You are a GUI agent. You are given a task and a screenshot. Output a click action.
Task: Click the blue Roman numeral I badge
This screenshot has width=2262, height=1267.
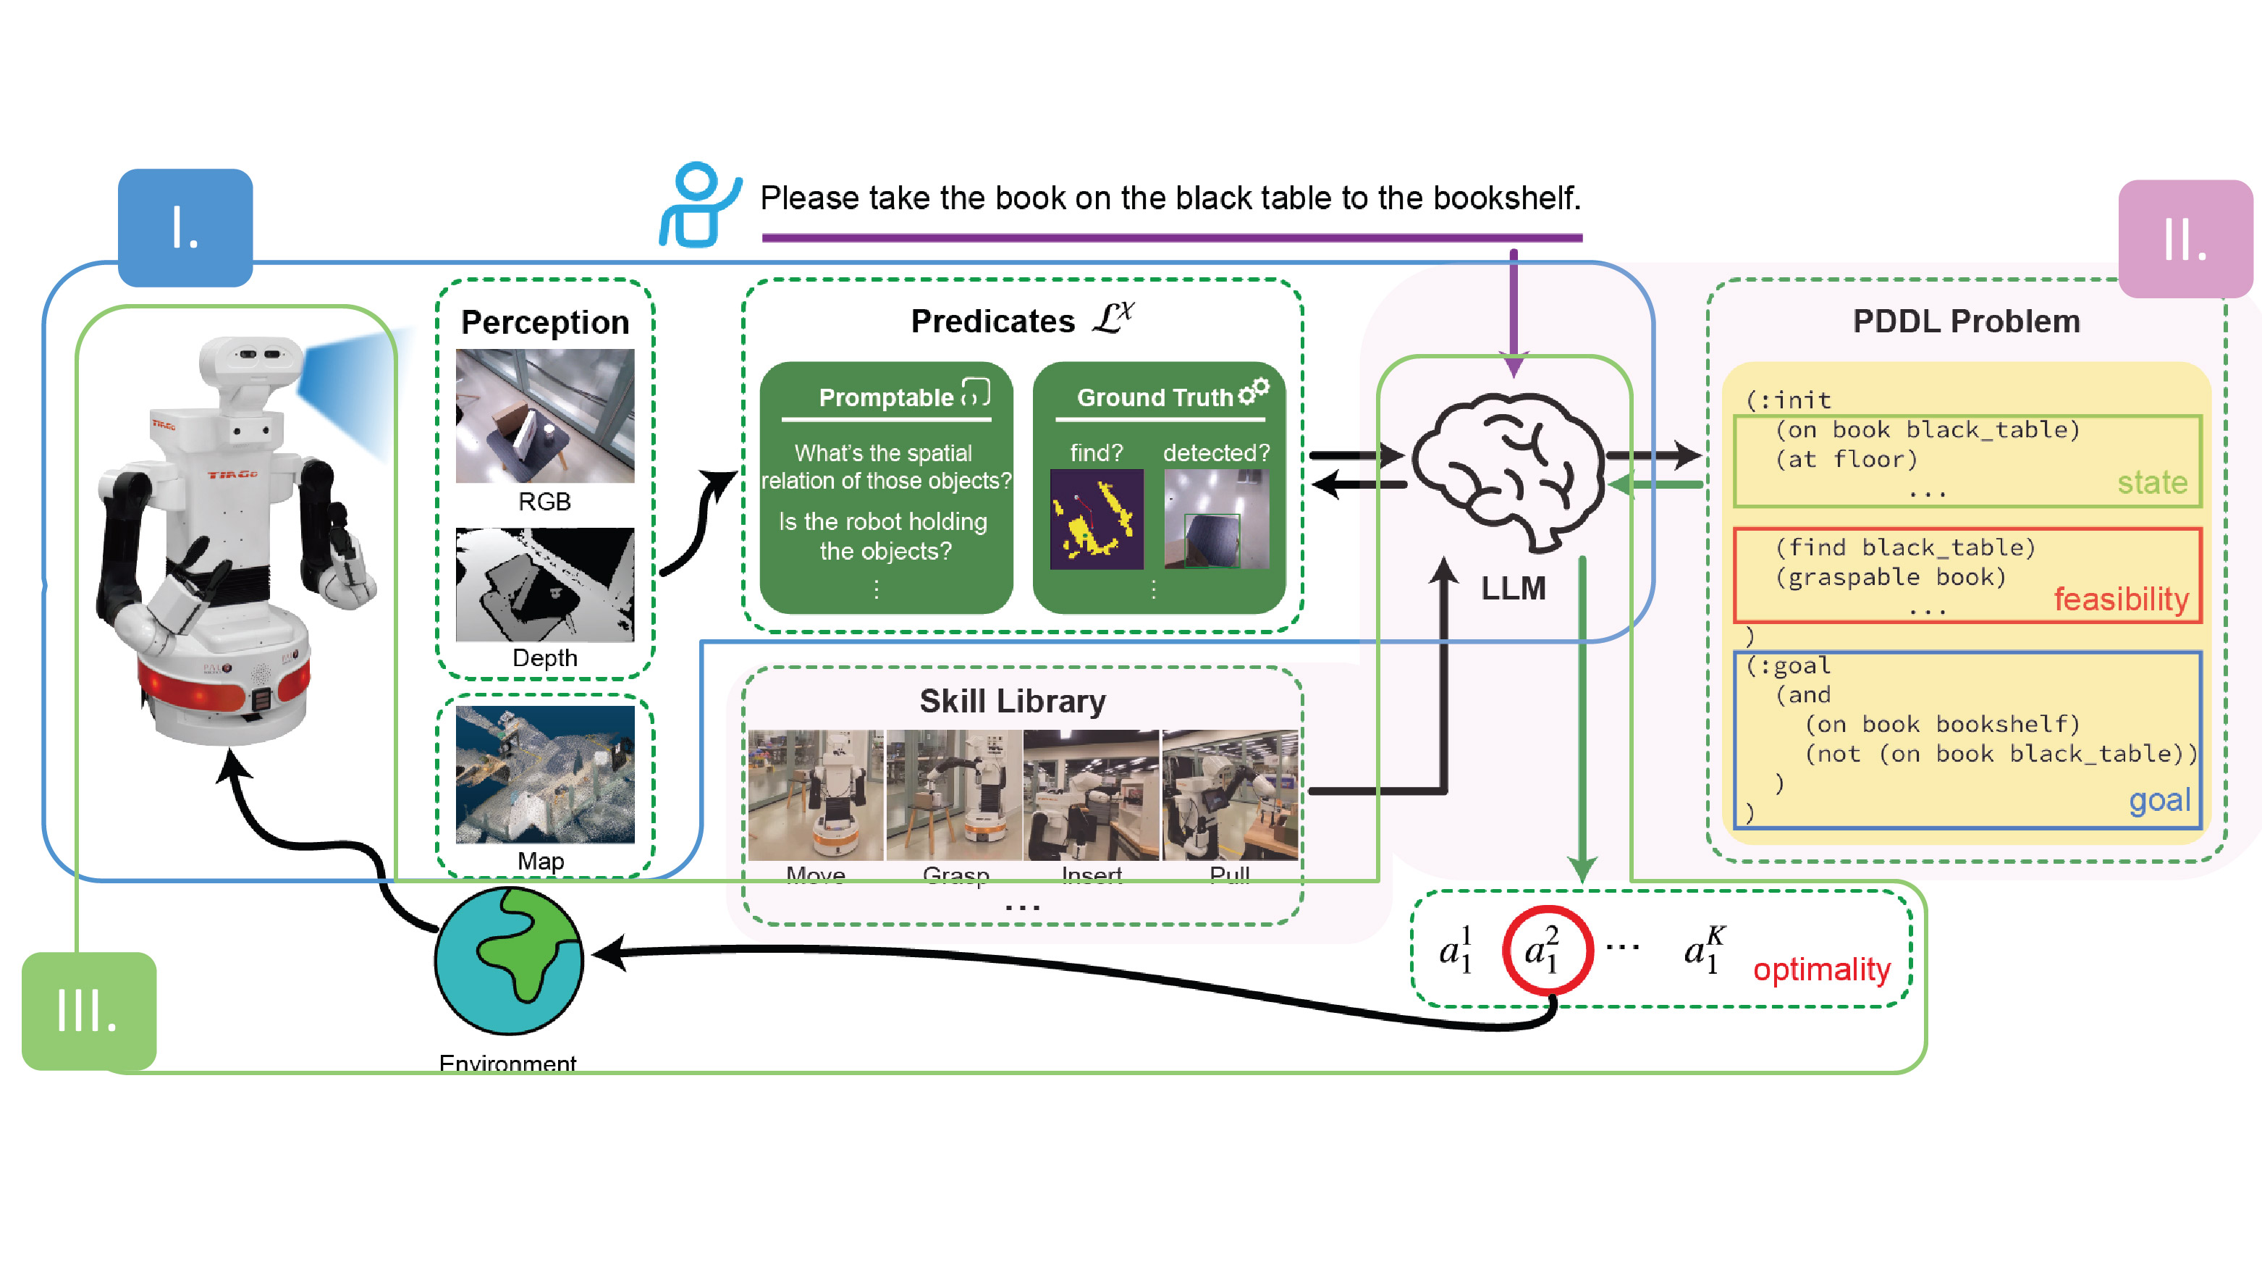[185, 227]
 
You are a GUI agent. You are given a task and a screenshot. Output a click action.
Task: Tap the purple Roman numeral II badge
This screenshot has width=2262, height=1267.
[2185, 239]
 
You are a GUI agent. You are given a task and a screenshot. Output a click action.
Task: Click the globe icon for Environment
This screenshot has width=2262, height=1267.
[510, 961]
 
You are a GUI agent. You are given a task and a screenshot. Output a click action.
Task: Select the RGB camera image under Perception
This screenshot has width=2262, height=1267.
[544, 416]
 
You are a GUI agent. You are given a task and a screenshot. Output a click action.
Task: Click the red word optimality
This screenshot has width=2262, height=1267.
[1821, 969]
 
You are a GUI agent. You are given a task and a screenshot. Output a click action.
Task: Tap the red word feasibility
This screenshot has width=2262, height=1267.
[2121, 599]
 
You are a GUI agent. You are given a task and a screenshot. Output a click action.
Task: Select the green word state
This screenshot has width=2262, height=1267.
[2151, 482]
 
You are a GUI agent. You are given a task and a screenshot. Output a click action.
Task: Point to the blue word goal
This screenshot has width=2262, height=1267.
[2159, 800]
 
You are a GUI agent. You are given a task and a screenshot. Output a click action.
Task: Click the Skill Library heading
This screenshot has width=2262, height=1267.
[1013, 701]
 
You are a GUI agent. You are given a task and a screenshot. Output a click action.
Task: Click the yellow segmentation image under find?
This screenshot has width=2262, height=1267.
[1097, 519]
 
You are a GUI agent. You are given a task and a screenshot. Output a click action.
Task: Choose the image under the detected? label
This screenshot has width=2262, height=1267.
[1216, 519]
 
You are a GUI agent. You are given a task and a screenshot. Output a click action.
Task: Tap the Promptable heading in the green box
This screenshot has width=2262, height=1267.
[886, 397]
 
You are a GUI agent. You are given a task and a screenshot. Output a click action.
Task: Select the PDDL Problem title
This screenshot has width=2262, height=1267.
[1966, 321]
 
